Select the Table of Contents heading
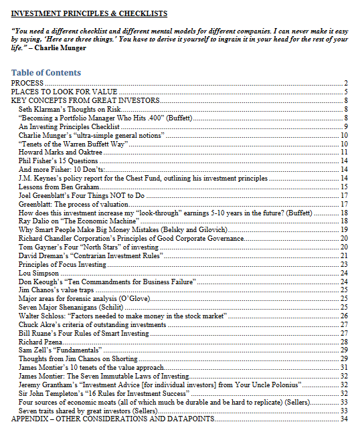point(46,73)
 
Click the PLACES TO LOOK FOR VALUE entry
point(64,92)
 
